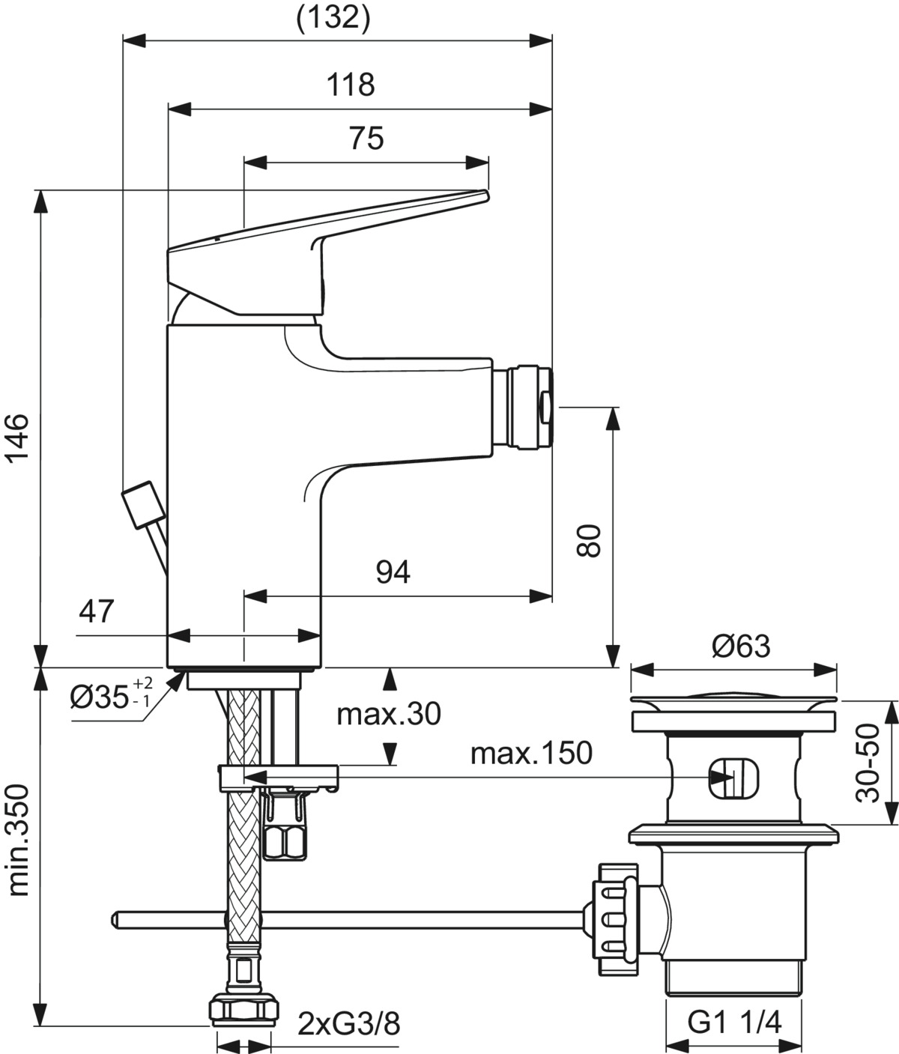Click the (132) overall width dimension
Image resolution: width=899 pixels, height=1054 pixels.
[333, 19]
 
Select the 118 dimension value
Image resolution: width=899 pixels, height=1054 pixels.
[351, 84]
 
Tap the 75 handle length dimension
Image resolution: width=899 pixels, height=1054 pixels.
[366, 138]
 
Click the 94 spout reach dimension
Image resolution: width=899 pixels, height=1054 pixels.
[393, 572]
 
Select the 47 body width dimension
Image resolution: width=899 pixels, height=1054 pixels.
[97, 611]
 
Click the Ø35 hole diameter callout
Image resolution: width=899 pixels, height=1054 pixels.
[111, 694]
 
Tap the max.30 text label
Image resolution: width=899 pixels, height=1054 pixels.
[389, 715]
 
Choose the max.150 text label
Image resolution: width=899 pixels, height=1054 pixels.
[531, 753]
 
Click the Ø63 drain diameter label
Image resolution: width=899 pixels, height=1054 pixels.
[741, 646]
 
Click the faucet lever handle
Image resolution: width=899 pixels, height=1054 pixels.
[327, 252]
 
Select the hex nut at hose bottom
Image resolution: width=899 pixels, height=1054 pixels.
[244, 978]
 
